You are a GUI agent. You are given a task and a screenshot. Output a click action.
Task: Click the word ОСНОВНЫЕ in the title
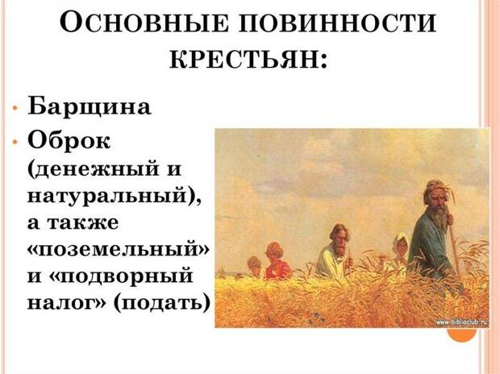pyautogui.click(x=144, y=23)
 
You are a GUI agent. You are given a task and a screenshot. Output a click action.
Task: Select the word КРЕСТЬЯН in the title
pyautogui.click(x=245, y=60)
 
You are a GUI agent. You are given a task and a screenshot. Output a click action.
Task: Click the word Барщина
pyautogui.click(x=89, y=106)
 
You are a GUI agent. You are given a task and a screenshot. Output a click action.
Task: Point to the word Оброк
pyautogui.click(x=69, y=140)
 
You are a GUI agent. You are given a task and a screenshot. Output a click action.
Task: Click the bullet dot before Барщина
pyautogui.click(x=15, y=107)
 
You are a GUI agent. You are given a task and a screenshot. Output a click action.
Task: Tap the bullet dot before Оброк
pyautogui.click(x=15, y=142)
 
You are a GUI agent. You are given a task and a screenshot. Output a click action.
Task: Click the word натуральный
pyautogui.click(x=107, y=194)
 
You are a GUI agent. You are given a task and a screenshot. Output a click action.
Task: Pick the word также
pyautogui.click(x=83, y=222)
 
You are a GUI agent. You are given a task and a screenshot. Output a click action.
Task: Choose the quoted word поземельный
pyautogui.click(x=119, y=248)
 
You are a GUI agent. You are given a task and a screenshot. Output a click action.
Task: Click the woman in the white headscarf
pyautogui.click(x=399, y=251)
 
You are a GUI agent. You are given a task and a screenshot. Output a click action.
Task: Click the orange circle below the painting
pyautogui.click(x=462, y=335)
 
